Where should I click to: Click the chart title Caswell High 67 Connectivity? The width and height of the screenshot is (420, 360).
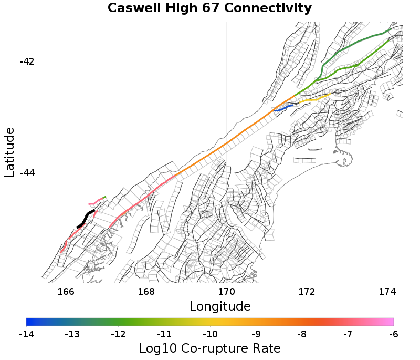(x=209, y=8)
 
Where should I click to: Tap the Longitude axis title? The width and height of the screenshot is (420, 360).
(x=219, y=306)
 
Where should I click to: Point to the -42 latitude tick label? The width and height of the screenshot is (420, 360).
(x=27, y=61)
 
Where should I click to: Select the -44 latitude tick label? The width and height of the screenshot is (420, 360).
(x=27, y=172)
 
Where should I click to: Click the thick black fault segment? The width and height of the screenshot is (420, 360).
(x=85, y=218)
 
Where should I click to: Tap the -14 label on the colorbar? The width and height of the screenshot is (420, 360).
(x=26, y=334)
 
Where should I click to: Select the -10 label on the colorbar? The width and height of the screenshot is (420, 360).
(x=210, y=334)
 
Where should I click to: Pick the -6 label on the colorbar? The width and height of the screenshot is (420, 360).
(x=394, y=334)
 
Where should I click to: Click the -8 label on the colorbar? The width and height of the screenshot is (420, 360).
(x=302, y=334)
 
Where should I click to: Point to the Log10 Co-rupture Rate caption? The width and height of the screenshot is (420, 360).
(x=209, y=348)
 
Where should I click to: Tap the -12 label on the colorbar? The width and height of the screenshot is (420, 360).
(x=118, y=334)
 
